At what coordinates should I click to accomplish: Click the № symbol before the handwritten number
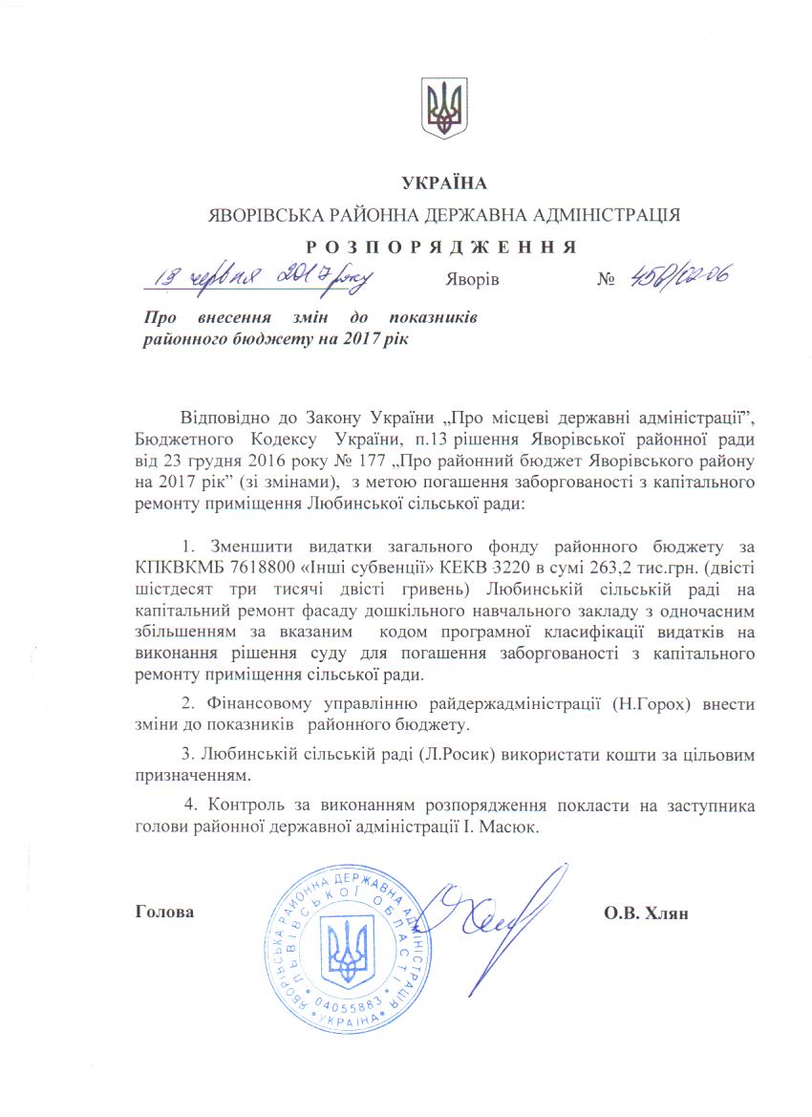coord(604,281)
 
